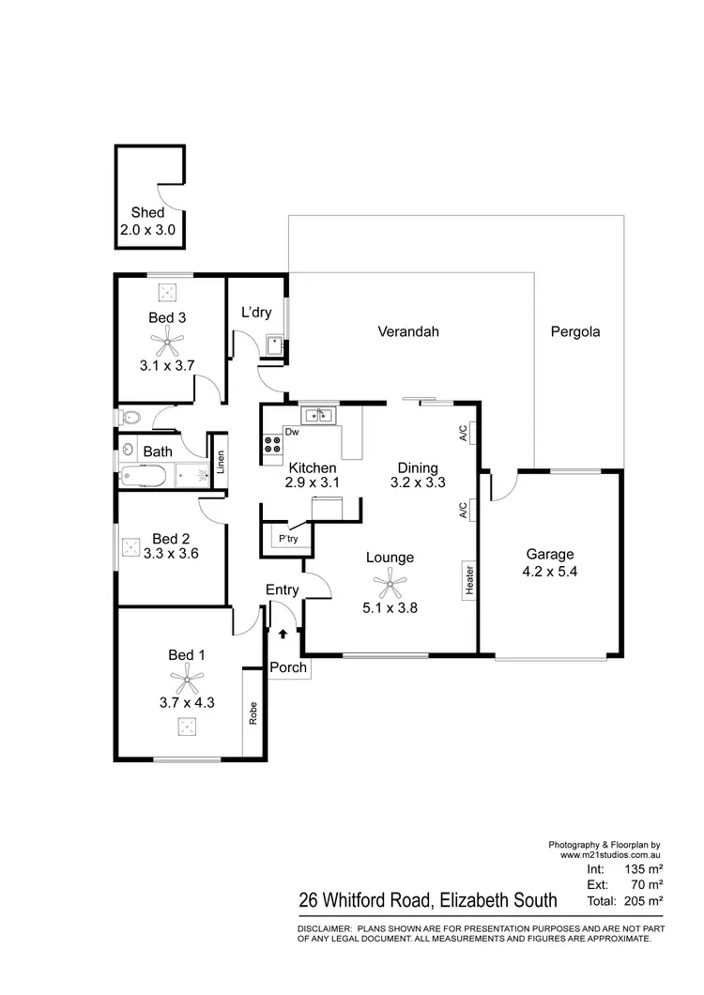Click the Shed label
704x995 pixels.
point(147,213)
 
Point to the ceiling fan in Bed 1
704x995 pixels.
point(186,676)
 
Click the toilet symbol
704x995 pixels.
point(130,417)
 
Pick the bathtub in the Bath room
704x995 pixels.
point(145,476)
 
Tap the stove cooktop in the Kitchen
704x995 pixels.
point(273,446)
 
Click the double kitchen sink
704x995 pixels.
point(319,415)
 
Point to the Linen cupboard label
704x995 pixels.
point(221,461)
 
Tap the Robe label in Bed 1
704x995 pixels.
point(253,712)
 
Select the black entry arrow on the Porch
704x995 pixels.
point(282,635)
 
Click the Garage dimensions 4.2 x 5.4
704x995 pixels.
point(549,571)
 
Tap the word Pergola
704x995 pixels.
point(574,331)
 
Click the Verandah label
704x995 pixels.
point(408,331)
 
